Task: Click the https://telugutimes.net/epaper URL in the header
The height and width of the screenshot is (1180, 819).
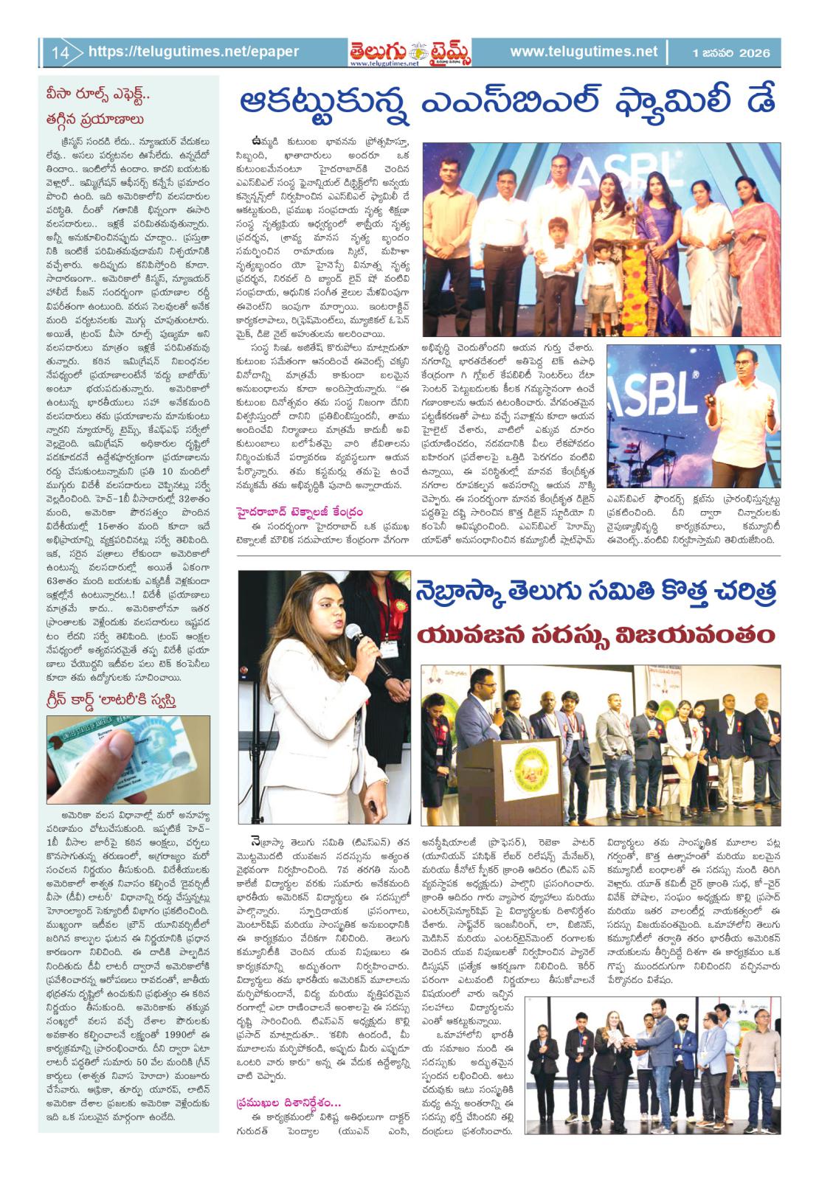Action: point(193,52)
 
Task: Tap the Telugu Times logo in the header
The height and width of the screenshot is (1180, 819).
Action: point(411,52)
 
